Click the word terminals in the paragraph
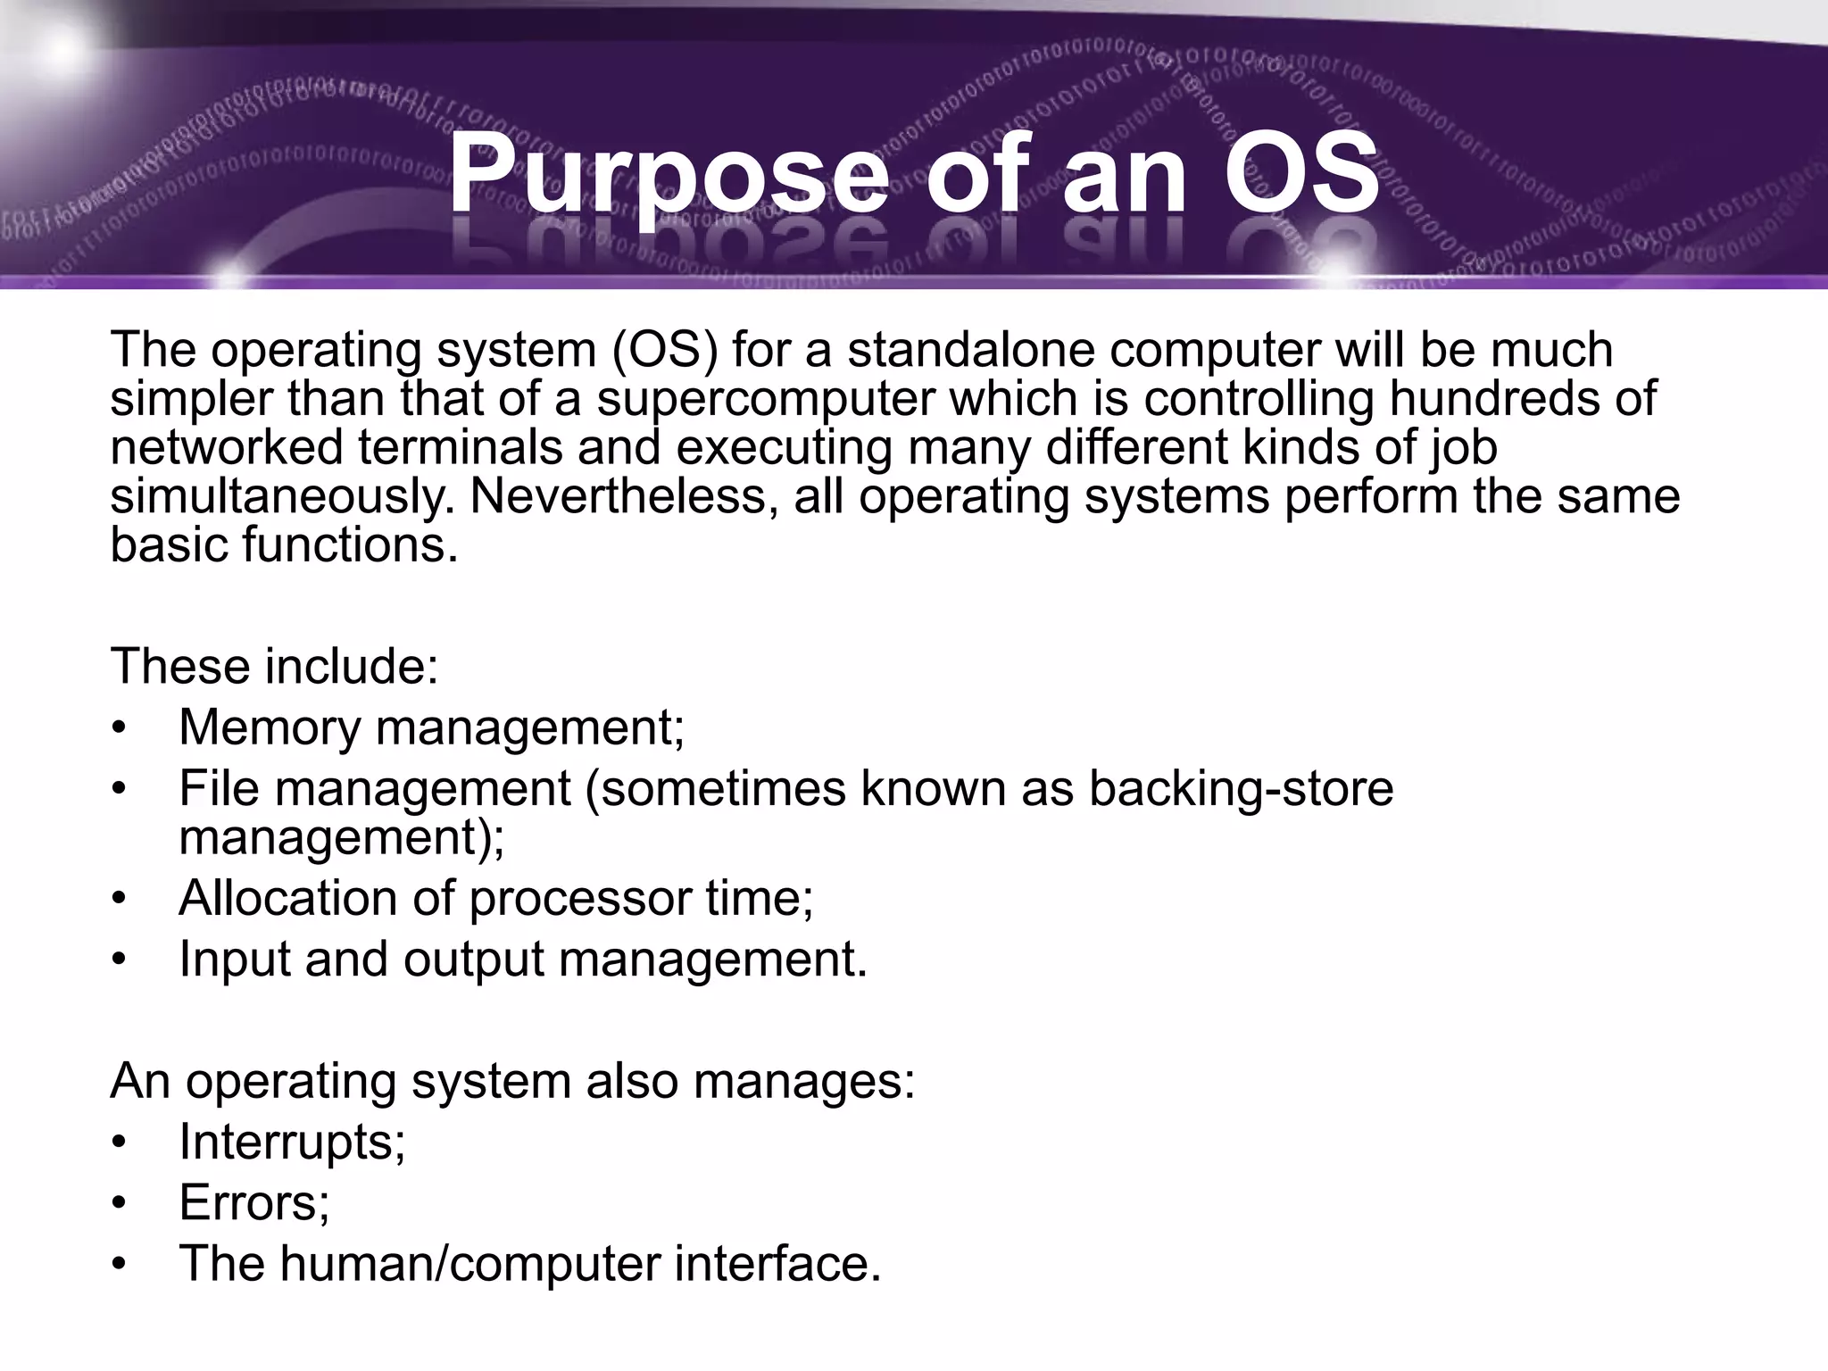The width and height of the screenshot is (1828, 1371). tap(461, 448)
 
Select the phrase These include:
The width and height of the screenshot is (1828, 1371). tap(274, 666)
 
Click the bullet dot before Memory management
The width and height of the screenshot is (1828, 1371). tap(120, 728)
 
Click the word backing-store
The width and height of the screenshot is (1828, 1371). tap(1241, 788)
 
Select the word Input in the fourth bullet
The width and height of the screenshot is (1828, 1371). tap(234, 960)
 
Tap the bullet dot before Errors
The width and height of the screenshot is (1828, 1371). tap(120, 1204)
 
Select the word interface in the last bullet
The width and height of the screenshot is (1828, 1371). tap(777, 1264)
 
